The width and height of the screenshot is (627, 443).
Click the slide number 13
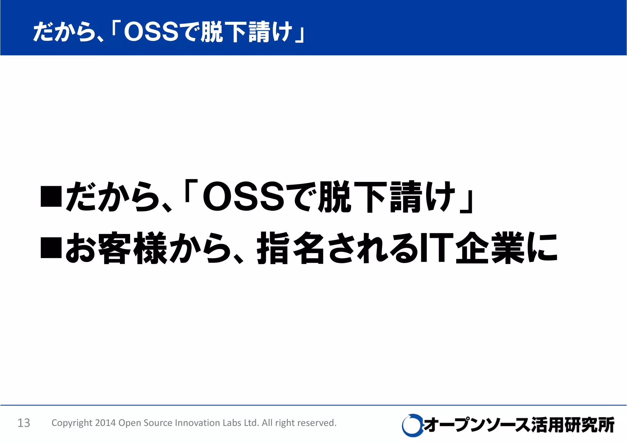tap(24, 423)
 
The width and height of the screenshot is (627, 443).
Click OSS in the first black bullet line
tap(243, 197)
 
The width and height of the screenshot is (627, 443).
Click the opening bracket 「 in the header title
tap(116, 29)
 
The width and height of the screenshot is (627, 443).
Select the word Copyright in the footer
tap(72, 423)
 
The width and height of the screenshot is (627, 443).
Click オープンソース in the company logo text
tap(476, 425)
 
